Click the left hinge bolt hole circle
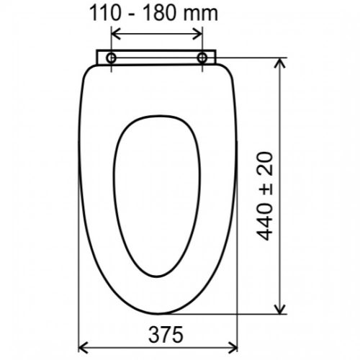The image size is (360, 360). [111, 58]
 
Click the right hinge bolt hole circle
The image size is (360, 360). [202, 58]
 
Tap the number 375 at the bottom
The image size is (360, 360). [166, 335]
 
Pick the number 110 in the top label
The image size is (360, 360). [104, 13]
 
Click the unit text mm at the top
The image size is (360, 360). [201, 15]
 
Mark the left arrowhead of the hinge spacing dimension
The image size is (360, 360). [116, 33]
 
